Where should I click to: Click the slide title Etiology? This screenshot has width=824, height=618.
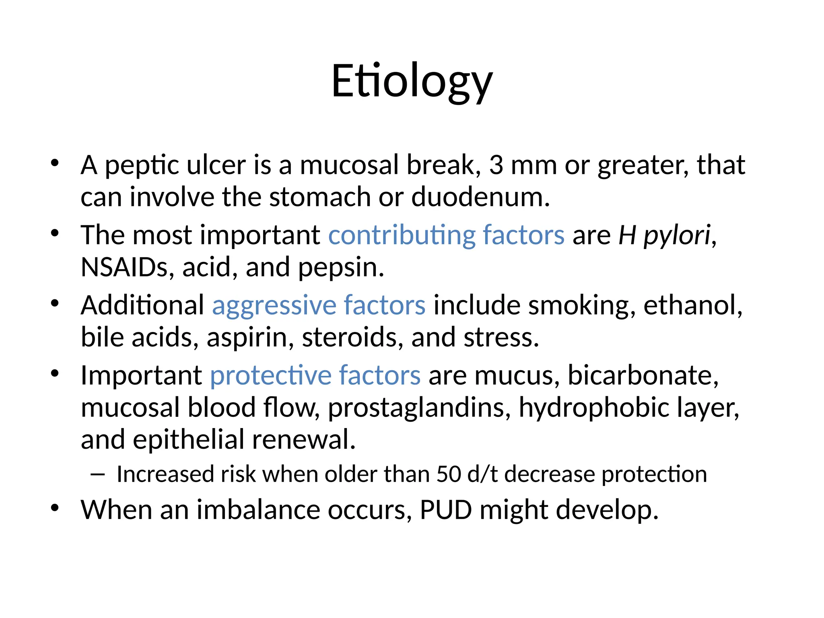[x=412, y=82]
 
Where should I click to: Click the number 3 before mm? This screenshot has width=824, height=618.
[x=496, y=165]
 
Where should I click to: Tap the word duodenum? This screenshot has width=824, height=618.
[x=480, y=197]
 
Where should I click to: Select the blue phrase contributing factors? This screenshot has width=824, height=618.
[x=446, y=235]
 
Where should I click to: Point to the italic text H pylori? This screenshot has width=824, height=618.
[x=664, y=235]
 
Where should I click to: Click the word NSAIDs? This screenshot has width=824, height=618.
[x=124, y=267]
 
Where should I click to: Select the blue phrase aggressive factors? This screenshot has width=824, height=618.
[x=318, y=305]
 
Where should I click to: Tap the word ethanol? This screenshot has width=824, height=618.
[x=692, y=305]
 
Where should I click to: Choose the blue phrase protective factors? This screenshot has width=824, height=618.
[x=315, y=375]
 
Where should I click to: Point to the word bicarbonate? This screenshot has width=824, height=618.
[x=643, y=375]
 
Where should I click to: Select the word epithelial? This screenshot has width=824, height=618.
[x=188, y=439]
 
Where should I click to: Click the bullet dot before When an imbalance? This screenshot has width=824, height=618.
[x=55, y=508]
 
